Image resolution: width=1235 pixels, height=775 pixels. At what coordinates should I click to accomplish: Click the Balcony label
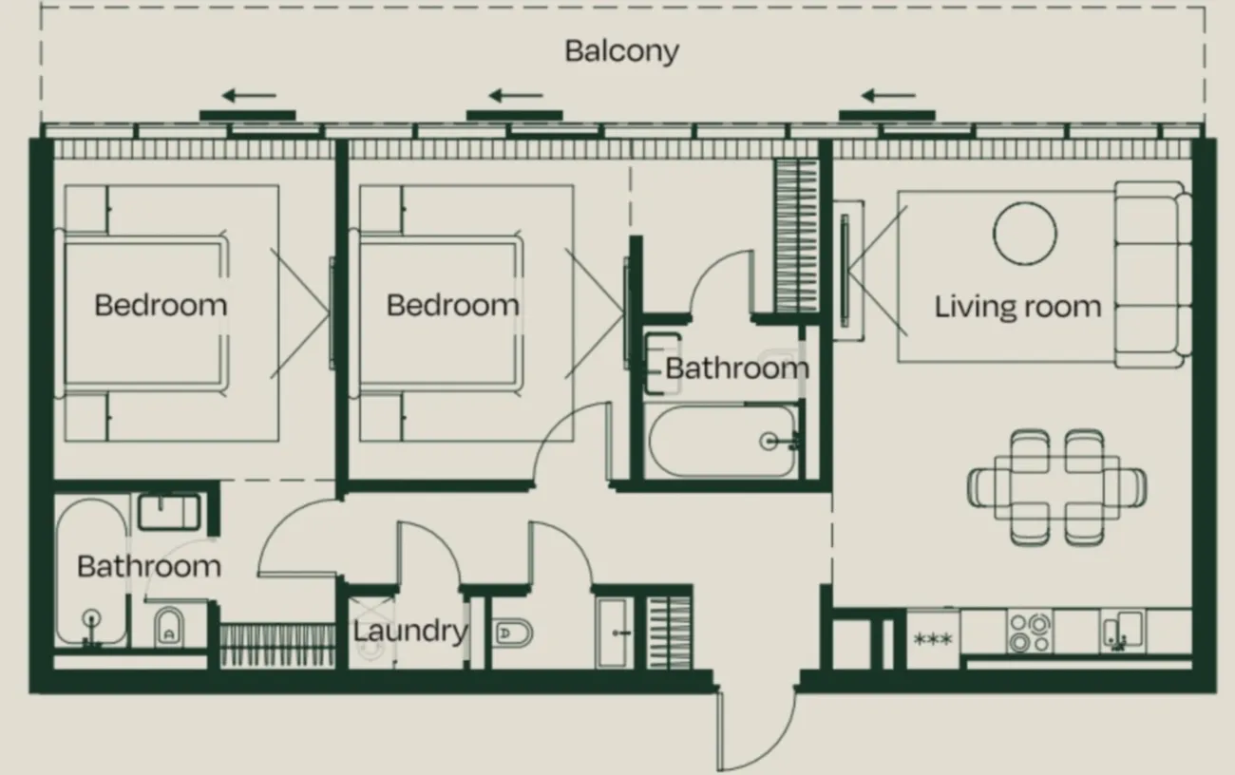621,52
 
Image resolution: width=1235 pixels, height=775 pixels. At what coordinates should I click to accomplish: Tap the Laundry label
410,632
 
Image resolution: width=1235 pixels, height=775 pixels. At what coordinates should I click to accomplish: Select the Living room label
1017,307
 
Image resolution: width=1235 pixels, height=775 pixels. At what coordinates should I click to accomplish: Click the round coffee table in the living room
1025,234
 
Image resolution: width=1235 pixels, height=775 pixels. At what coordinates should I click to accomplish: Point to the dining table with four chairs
1057,488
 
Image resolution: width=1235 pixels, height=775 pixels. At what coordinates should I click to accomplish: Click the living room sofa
1152,274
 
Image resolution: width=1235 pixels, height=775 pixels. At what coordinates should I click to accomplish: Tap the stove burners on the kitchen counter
1030,632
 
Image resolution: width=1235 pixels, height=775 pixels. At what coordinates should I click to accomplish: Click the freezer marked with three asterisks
933,639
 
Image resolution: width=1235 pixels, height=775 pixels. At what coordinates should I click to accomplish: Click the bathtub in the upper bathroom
723,441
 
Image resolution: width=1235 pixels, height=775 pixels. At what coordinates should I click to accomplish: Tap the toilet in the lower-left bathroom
169,628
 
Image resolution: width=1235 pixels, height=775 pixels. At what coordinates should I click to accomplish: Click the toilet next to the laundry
512,633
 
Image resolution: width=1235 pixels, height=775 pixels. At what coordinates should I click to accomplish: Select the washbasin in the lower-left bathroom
169,513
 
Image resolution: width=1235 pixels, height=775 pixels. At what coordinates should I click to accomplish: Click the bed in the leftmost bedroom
142,313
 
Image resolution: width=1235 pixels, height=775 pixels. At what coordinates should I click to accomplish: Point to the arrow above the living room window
888,96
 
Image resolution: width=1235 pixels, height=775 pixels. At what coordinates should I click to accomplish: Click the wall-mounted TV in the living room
845,270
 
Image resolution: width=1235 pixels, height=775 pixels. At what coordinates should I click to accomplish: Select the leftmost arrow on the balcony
249,96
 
